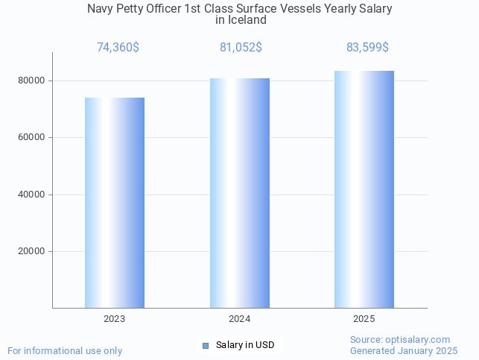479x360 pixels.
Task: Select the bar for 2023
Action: pyautogui.click(x=115, y=203)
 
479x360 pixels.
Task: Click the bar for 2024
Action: pyautogui.click(x=239, y=193)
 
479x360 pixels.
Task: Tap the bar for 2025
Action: pyautogui.click(x=364, y=189)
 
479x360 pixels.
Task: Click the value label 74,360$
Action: pyautogui.click(x=118, y=48)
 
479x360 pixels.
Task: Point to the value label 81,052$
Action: pyautogui.click(x=241, y=48)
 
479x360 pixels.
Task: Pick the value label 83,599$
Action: pyautogui.click(x=367, y=48)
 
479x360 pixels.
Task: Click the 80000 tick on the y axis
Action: pyautogui.click(x=33, y=80)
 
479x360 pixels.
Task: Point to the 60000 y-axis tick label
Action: pyautogui.click(x=33, y=137)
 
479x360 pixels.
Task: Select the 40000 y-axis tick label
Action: pyautogui.click(x=33, y=195)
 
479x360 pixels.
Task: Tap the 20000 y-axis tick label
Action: pyautogui.click(x=33, y=251)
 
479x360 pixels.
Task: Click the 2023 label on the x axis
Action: pyautogui.click(x=115, y=319)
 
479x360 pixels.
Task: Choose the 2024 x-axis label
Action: pyautogui.click(x=239, y=319)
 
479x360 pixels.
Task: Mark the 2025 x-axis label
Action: pyautogui.click(x=364, y=319)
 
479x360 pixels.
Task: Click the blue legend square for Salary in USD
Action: pyautogui.click(x=206, y=345)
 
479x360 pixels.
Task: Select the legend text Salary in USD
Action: pyautogui.click(x=245, y=345)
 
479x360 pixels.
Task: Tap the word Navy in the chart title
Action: pyautogui.click(x=101, y=9)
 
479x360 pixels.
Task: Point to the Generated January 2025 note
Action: pyautogui.click(x=404, y=350)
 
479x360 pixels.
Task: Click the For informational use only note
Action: pyautogui.click(x=65, y=350)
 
